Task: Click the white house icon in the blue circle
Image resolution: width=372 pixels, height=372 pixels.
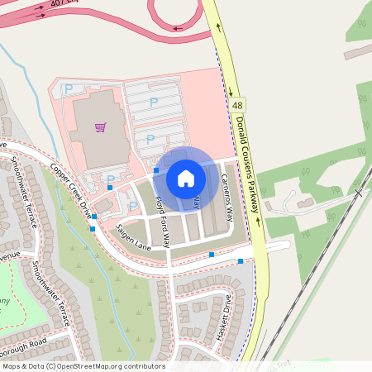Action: click(x=186, y=178)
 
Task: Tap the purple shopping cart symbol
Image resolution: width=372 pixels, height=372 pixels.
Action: click(x=100, y=127)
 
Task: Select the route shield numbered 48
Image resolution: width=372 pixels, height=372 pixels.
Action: click(x=238, y=106)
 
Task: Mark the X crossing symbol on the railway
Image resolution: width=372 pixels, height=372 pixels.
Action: click(x=358, y=192)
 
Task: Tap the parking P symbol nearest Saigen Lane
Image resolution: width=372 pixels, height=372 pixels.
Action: click(x=132, y=206)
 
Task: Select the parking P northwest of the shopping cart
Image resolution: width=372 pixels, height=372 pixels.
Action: click(x=69, y=88)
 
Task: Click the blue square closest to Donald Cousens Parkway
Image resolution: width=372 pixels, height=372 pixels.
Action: click(x=241, y=261)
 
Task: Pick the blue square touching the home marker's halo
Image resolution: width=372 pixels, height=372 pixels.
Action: click(x=156, y=170)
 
